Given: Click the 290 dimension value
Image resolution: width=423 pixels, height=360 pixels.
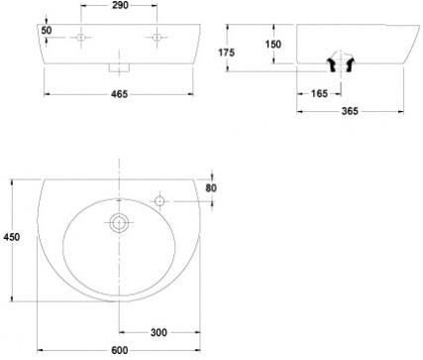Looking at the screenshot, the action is point(120,5).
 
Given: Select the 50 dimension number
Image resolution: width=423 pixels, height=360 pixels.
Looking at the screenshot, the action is point(47,31).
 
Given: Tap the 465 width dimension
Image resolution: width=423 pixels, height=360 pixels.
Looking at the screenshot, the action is point(119,94).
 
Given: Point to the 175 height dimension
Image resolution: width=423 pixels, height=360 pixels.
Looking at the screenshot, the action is point(227,53).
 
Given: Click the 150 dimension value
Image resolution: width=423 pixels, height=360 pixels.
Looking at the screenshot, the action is point(273,45).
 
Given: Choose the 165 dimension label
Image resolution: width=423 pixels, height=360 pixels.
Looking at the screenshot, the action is point(319,94).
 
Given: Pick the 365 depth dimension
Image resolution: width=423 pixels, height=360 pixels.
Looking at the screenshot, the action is point(350,111).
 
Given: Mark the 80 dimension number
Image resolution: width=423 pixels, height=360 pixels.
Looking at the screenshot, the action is point(211,188).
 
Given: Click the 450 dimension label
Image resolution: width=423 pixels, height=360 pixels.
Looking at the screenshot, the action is point(12,237).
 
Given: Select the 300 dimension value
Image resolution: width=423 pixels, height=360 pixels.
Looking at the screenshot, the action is point(159,332).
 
